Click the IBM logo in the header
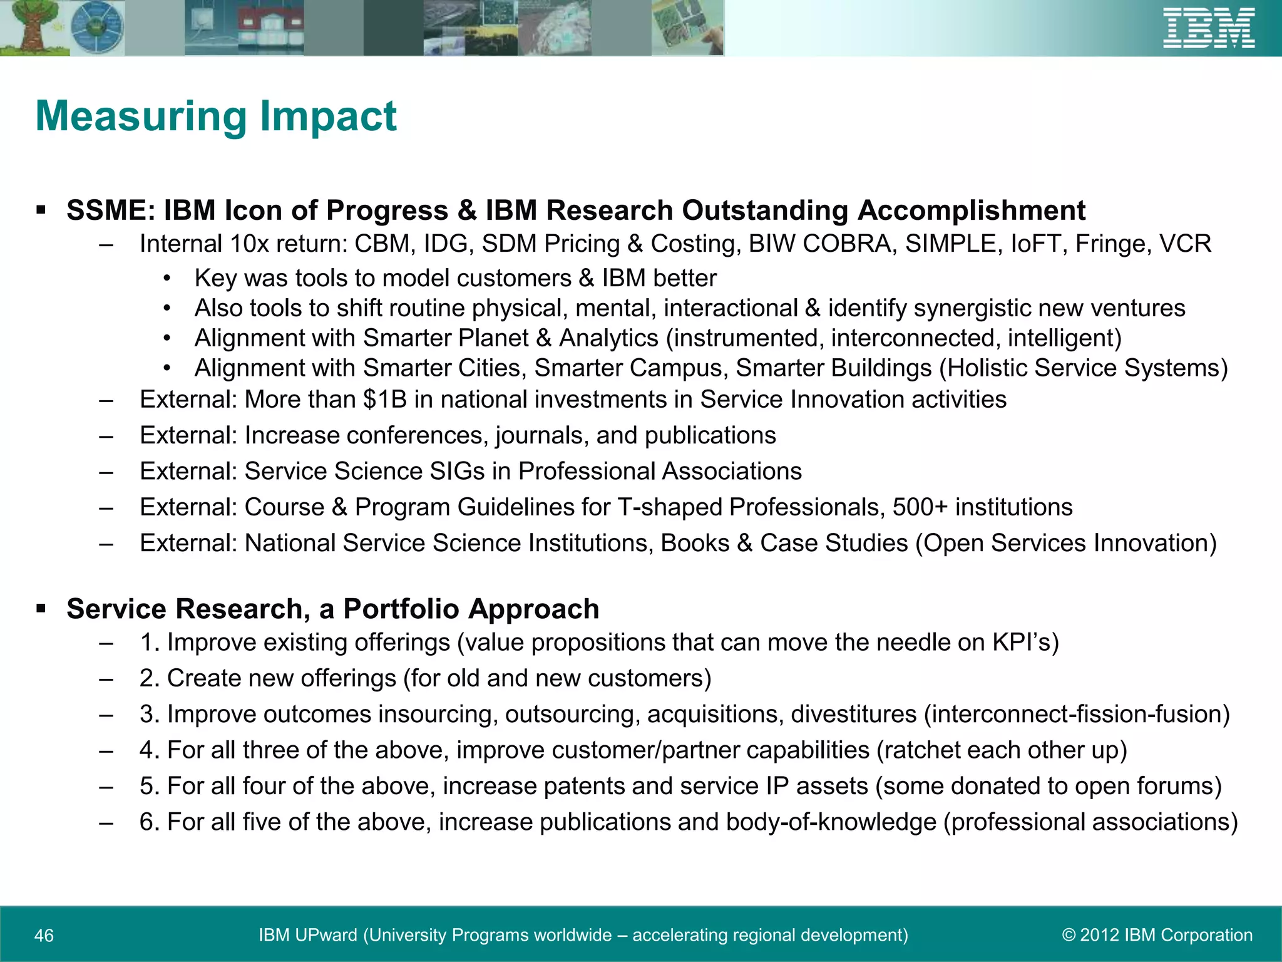(x=1208, y=28)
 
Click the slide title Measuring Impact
(x=216, y=116)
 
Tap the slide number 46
(x=44, y=936)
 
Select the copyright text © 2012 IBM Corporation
(x=1157, y=935)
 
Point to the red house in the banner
(x=269, y=31)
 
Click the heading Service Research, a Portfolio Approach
(x=332, y=609)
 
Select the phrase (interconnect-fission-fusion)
(x=1077, y=715)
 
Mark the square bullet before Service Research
(x=41, y=608)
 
